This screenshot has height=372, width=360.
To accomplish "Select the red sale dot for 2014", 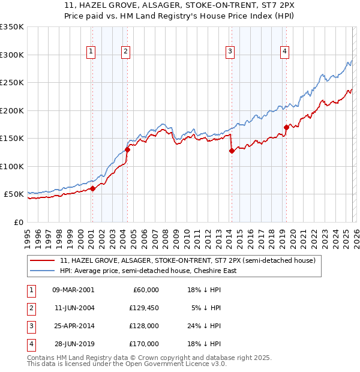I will [232, 151].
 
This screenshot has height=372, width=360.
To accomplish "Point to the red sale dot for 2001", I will [93, 188].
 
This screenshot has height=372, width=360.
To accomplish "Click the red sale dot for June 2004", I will [127, 150].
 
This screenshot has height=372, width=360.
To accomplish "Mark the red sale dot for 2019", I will [286, 127].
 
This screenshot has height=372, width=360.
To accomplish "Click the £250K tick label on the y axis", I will [12, 83].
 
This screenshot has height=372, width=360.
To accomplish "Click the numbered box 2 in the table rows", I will [30, 308].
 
